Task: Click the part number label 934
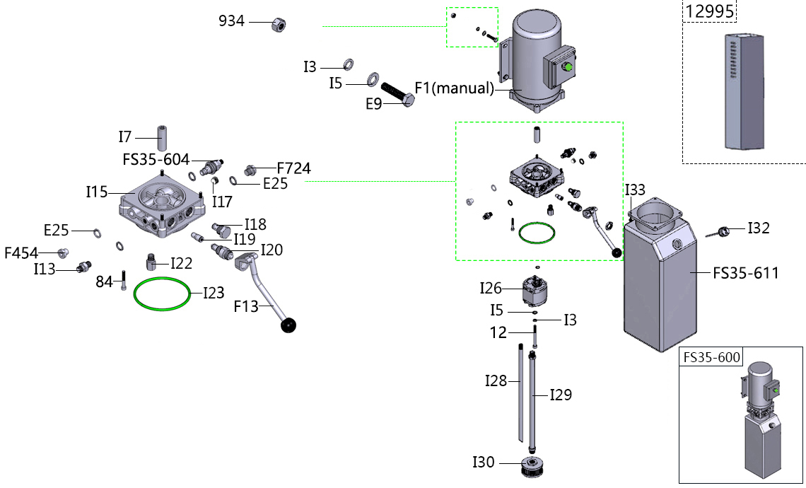tap(231, 21)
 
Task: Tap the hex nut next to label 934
tap(279, 25)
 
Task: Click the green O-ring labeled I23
tap(162, 293)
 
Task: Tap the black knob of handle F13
tap(288, 326)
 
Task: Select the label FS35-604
tap(156, 160)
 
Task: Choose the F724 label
tap(293, 168)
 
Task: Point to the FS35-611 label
tap(745, 272)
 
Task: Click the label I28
tap(496, 381)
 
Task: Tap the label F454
tap(21, 252)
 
